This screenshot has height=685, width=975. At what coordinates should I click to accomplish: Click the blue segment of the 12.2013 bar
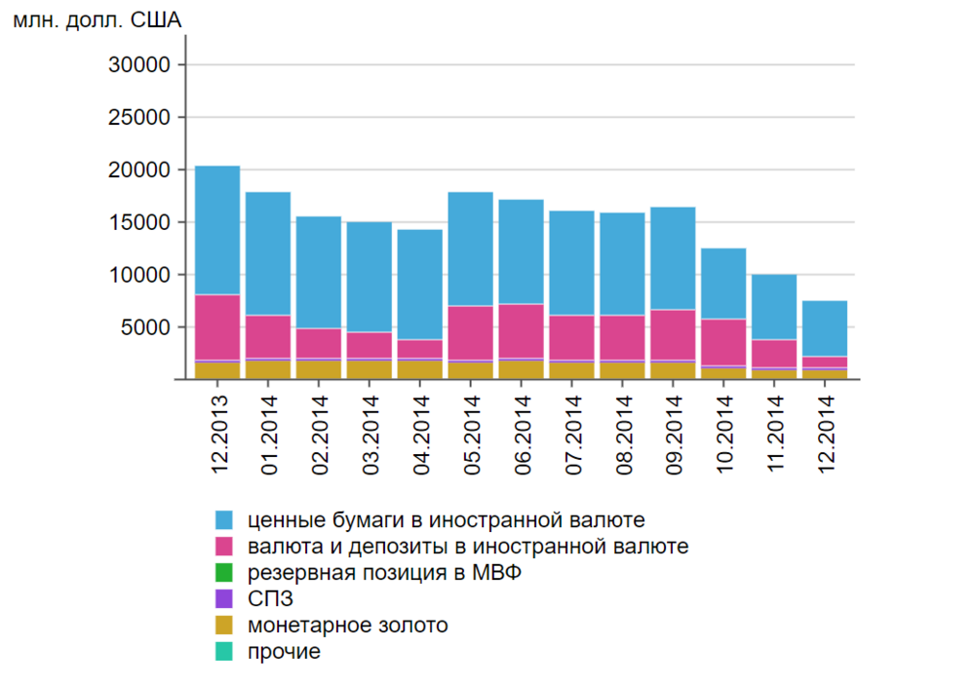217,230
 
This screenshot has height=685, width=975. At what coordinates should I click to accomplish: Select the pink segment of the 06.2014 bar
521,331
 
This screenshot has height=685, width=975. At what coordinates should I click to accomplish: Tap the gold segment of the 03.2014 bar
370,369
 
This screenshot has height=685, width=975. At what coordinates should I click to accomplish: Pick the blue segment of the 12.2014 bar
824,328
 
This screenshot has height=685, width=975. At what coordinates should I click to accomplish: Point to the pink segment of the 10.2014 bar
723,342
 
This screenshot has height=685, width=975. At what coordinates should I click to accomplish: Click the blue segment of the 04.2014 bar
419,285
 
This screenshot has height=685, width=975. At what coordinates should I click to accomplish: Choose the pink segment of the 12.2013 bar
217,326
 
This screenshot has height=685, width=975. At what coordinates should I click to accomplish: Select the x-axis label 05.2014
470,433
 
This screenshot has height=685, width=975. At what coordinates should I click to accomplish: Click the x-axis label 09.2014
673,433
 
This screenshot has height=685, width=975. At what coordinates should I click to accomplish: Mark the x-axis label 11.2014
774,433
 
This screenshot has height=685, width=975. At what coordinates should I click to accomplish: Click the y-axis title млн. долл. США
97,19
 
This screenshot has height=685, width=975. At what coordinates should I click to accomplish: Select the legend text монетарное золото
348,626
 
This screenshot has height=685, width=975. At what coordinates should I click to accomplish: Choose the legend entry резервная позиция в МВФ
384,573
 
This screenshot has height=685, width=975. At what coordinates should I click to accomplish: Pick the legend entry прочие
284,652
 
